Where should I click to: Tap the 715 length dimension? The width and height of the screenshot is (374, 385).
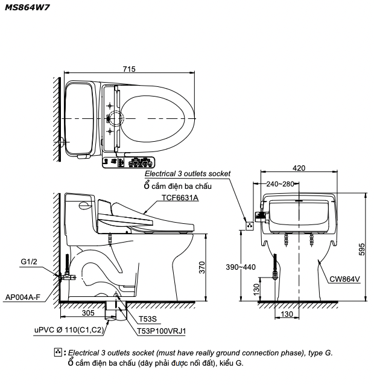tap(128, 70)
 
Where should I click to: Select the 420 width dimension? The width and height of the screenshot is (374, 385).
tap(299, 168)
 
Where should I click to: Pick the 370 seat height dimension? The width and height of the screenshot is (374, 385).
tap(202, 267)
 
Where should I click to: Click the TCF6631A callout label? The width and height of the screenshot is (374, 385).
tap(180, 197)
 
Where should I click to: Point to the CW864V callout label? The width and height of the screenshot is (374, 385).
tap(344, 279)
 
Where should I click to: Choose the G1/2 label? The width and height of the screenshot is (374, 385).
tap(29, 261)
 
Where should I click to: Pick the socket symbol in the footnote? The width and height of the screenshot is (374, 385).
tap(59, 352)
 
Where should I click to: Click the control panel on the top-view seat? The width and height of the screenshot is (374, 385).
tap(128, 162)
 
